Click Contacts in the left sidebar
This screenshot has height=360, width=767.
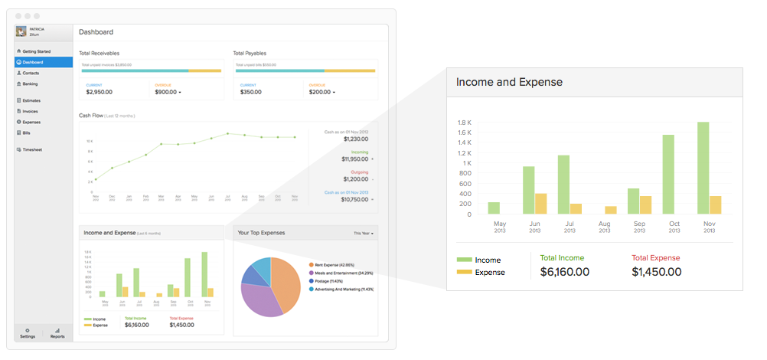click(31, 73)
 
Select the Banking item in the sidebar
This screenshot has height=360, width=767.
click(30, 83)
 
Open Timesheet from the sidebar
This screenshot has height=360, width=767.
click(32, 149)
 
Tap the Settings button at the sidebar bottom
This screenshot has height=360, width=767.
click(28, 333)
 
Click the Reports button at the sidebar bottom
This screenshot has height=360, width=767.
click(57, 333)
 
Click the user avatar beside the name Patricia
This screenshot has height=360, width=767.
click(21, 32)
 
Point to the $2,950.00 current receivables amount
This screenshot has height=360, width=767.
click(99, 92)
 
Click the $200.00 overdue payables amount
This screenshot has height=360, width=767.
click(320, 92)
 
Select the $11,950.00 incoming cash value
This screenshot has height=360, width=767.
click(354, 159)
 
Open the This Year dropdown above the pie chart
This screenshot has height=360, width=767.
click(363, 233)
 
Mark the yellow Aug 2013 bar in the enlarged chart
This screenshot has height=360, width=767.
click(611, 210)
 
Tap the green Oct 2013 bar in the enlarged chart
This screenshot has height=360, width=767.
click(668, 175)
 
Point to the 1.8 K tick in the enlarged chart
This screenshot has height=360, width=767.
click(464, 123)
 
